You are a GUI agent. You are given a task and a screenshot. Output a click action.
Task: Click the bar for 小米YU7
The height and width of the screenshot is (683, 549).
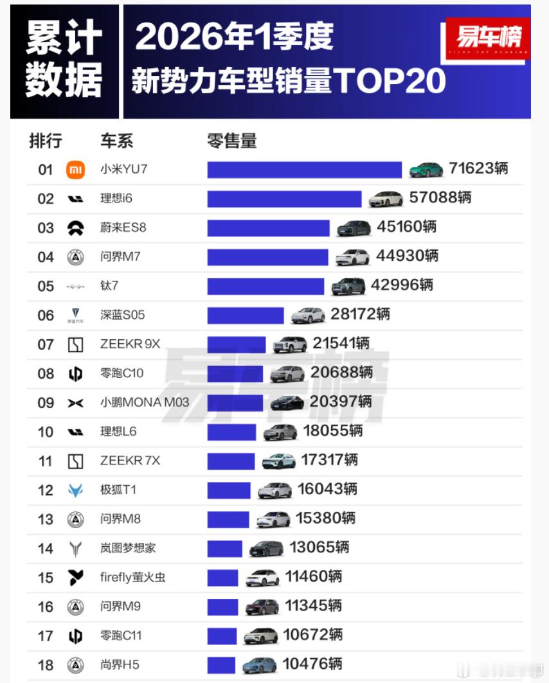[304, 170]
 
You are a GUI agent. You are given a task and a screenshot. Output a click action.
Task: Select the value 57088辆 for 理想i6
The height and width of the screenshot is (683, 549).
[440, 198]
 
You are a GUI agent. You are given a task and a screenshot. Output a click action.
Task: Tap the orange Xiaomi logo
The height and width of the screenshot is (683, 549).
[75, 170]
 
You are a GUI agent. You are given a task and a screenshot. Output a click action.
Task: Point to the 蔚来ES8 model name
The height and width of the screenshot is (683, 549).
[120, 227]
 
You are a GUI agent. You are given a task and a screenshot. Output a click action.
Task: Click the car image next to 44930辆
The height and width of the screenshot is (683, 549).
[352, 257]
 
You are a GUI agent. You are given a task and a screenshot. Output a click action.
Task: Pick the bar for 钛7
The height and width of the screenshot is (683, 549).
[265, 286]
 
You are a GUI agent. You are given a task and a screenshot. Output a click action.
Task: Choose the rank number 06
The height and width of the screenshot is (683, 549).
[46, 315]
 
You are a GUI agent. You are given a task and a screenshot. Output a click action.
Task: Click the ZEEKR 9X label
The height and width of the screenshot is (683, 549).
[130, 344]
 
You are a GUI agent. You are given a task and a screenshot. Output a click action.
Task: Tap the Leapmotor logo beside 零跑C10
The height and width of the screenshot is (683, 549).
[75, 374]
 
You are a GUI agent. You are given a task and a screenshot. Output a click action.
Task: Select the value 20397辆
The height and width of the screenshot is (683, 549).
[339, 402]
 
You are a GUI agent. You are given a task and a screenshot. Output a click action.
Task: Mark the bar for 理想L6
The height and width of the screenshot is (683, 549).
[231, 432]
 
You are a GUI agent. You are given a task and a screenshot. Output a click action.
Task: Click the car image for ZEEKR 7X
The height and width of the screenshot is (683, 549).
[279, 461]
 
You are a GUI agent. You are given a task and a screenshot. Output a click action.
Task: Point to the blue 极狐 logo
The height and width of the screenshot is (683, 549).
[75, 490]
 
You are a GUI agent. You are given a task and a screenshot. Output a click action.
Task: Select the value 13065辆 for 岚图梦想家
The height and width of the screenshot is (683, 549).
[319, 547]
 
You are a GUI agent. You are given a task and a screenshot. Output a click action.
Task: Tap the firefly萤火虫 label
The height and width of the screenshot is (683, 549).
[132, 577]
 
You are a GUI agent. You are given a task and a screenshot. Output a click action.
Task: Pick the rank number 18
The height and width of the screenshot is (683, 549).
[46, 665]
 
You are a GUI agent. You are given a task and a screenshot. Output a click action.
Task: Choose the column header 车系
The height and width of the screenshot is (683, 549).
[116, 141]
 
